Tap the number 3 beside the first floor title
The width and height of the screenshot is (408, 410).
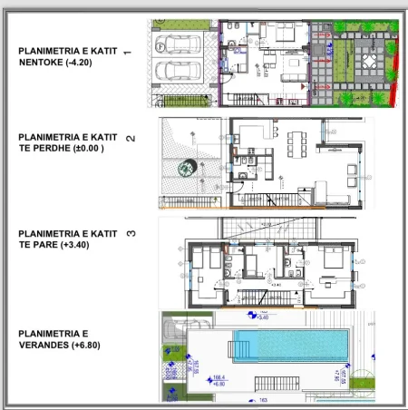click(x=131, y=234)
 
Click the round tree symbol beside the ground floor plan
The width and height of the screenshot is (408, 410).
click(x=187, y=168)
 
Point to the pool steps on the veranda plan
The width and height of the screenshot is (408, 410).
click(x=239, y=344)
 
